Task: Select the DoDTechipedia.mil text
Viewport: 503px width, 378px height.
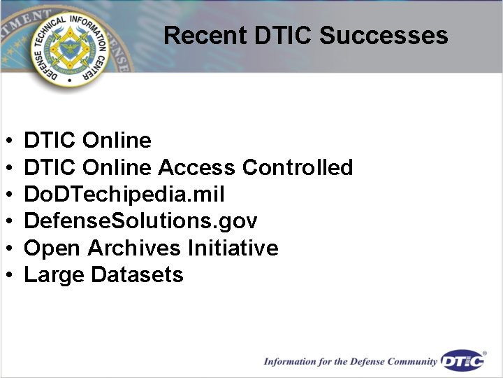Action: click(124, 195)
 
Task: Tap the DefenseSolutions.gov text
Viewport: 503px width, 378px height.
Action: click(140, 222)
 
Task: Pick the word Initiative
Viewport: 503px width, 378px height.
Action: click(233, 248)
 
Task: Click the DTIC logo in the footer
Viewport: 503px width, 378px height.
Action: click(463, 360)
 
